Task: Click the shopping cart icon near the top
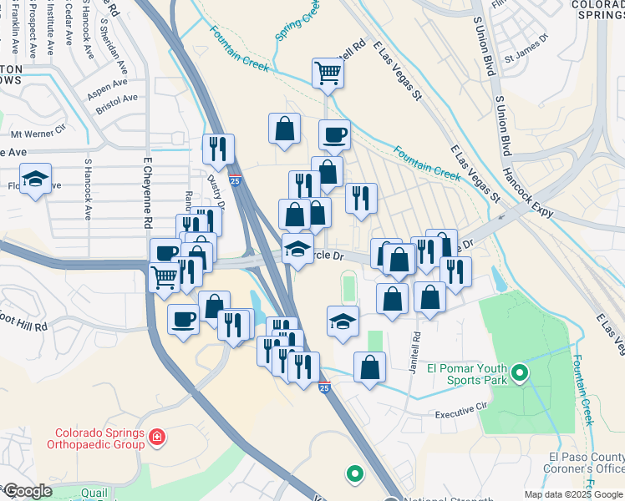point(328,73)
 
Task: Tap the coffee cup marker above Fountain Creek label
point(334,134)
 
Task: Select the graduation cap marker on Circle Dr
point(297,249)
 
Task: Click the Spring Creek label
point(297,22)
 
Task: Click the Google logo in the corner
point(28,491)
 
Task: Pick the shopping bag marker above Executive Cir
point(369,366)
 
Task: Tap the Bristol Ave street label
point(116,99)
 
